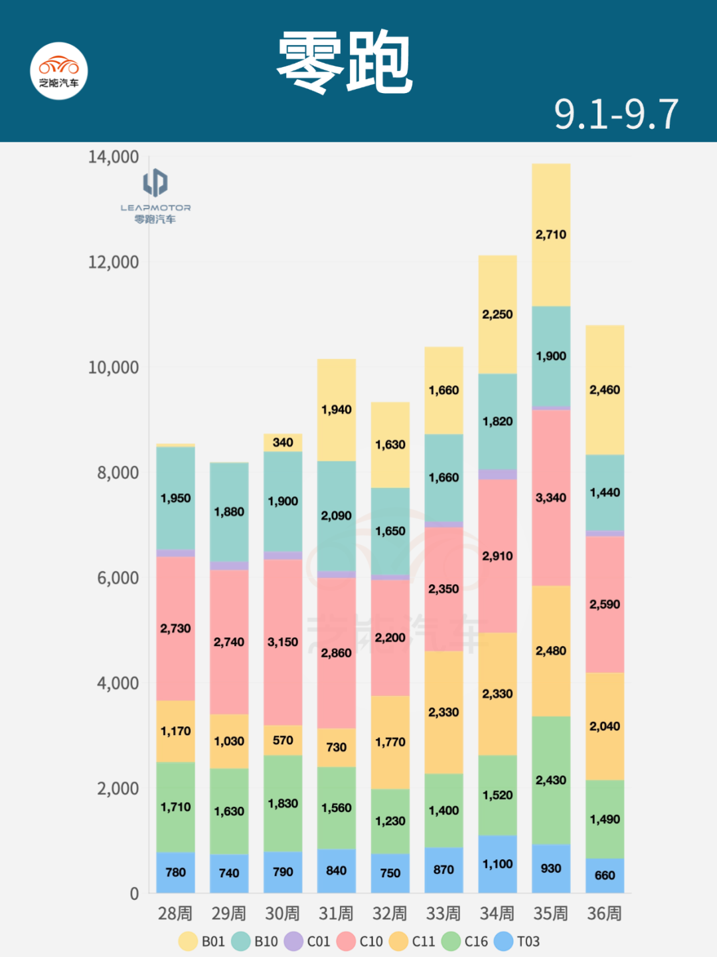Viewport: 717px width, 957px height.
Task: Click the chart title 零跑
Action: click(x=345, y=63)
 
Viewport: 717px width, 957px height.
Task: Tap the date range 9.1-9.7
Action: click(x=616, y=114)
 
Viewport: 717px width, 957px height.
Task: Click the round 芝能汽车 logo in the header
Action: click(x=59, y=71)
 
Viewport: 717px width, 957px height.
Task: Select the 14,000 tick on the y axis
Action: click(x=114, y=158)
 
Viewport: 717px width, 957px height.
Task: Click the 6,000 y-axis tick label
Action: click(x=118, y=578)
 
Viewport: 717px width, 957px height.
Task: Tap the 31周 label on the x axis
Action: click(x=336, y=914)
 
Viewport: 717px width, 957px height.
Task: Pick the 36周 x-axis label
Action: click(x=604, y=914)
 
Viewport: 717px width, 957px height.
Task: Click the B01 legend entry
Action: click(x=202, y=941)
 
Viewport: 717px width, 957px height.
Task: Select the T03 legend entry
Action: click(x=517, y=941)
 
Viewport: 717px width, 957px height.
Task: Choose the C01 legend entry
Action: click(x=307, y=941)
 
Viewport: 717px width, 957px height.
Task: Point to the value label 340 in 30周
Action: click(x=283, y=443)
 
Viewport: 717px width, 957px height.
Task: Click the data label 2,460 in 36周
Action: click(x=605, y=390)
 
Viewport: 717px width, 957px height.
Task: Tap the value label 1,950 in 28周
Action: click(x=175, y=498)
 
